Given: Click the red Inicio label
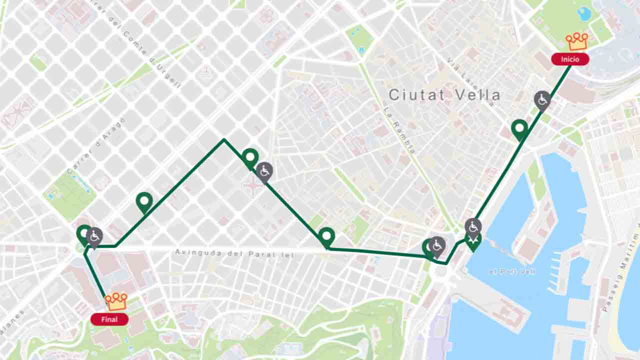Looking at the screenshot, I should tap(570, 59).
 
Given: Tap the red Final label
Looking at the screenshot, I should tap(109, 319).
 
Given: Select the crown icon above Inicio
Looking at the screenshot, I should tap(577, 41).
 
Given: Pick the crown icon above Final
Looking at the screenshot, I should tap(116, 301).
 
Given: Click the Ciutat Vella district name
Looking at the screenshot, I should tap(444, 94).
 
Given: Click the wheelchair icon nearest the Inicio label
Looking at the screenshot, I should tap(542, 100).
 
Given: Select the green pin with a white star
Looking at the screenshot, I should tap(473, 241).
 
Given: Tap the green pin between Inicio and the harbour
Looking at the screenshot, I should tap(520, 129).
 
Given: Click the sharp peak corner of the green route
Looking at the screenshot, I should tap(224, 139).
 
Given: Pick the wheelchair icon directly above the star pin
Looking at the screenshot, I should tap(473, 227).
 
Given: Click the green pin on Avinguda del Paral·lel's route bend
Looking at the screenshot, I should tap(326, 236).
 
